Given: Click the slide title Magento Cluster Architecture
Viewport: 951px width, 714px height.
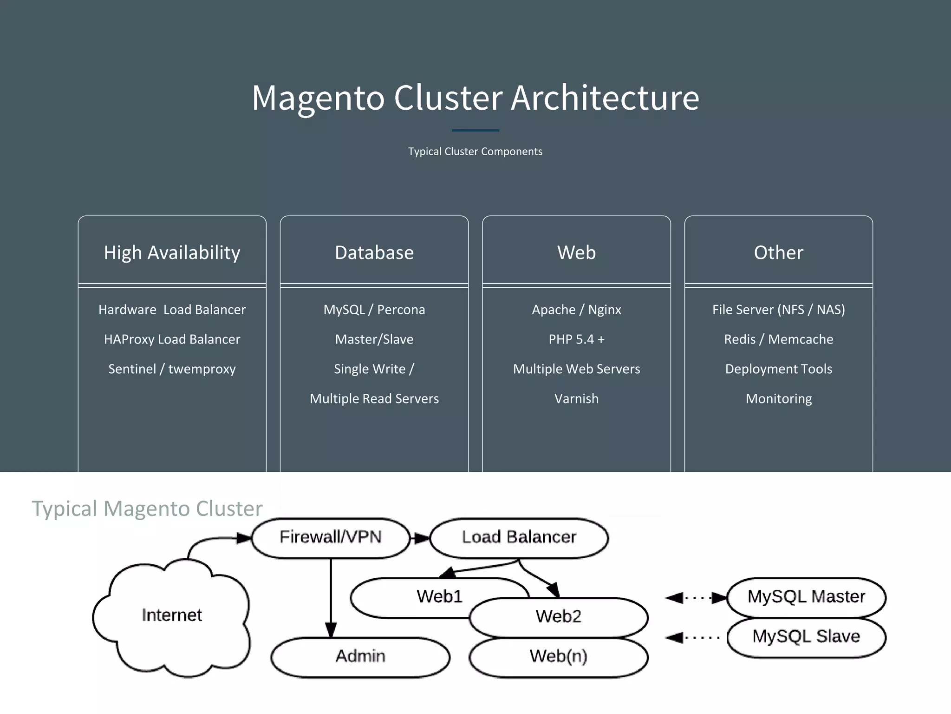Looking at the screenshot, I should [475, 98].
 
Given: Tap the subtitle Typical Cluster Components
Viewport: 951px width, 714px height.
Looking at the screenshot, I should [475, 152].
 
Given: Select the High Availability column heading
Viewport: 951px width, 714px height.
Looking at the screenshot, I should [172, 252].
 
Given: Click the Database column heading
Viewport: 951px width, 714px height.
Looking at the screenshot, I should [374, 252].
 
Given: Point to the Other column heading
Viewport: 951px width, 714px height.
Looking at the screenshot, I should [778, 252].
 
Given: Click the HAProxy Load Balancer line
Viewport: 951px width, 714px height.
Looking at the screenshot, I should [172, 339].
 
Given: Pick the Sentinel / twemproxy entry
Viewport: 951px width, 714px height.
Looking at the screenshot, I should [172, 369].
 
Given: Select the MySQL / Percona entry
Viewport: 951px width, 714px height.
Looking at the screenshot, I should [374, 310].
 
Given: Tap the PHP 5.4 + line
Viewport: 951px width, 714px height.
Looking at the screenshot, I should [576, 339].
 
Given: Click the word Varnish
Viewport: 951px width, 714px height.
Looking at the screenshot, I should [576, 399].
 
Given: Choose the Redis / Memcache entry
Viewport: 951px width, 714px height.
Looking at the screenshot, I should [778, 339].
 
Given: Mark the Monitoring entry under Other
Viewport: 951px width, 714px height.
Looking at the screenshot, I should [778, 399].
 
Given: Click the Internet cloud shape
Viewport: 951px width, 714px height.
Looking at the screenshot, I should [172, 615].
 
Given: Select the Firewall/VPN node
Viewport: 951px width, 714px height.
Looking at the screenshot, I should [331, 537].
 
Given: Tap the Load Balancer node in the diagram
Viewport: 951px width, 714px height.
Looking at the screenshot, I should [519, 537].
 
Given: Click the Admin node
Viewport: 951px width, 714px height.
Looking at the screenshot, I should [360, 656].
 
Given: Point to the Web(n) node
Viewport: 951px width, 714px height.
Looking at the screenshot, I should [558, 656].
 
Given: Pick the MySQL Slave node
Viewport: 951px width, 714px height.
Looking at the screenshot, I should [806, 636].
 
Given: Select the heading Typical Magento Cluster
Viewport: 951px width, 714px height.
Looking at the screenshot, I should [147, 509].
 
